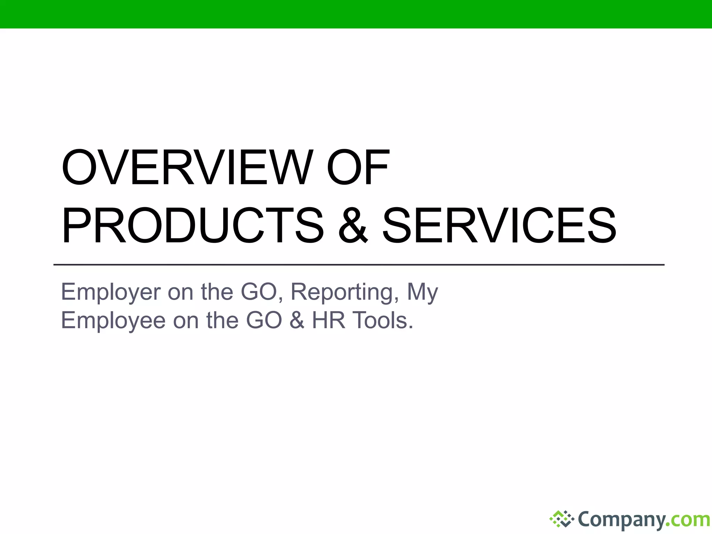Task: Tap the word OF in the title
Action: pos(358,168)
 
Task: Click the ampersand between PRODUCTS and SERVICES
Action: pos(353,226)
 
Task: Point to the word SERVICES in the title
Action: pos(499,226)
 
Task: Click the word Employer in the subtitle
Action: pos(111,292)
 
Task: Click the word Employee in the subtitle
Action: pos(113,321)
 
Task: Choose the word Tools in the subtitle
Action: pos(382,321)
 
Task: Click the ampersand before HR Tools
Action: pos(297,321)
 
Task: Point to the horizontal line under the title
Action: pos(358,265)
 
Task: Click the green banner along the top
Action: pos(356,14)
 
